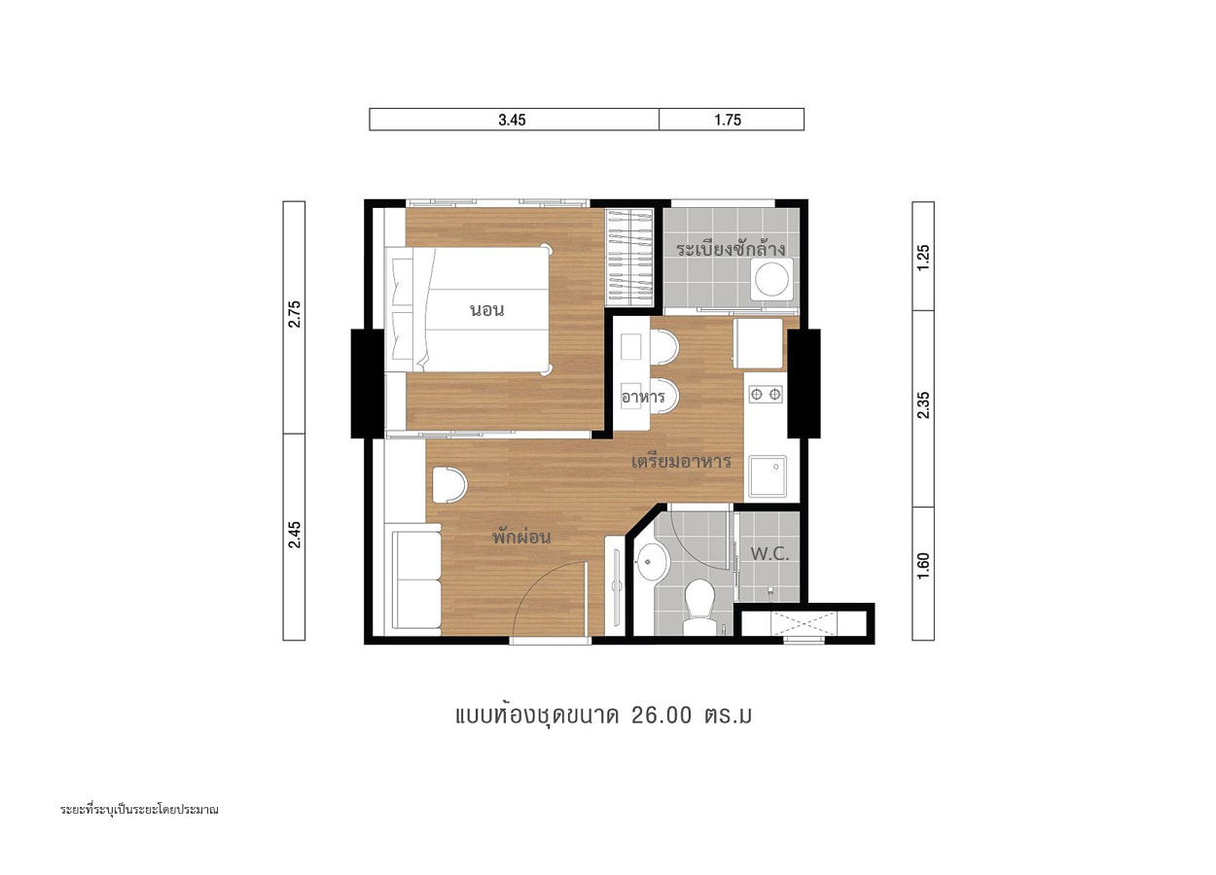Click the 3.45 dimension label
tap(512, 120)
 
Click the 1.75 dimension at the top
tap(728, 120)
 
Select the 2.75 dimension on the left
tap(294, 314)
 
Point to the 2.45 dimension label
tap(294, 535)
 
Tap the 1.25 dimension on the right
tap(923, 258)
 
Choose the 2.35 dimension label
tap(923, 405)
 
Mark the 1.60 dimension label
tap(923, 566)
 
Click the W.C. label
tap(769, 554)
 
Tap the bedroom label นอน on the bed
tap(487, 310)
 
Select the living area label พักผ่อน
tap(521, 537)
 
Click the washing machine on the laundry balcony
tap(772, 279)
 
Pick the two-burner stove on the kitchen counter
tap(766, 395)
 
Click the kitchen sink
tap(768, 476)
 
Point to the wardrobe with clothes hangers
tap(629, 257)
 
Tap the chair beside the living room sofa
tap(449, 484)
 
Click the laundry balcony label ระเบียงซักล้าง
tap(731, 249)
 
